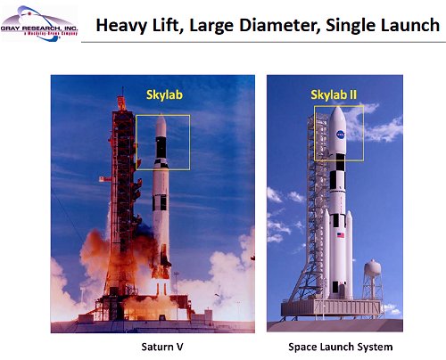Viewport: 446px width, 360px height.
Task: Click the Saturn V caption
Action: tap(161, 346)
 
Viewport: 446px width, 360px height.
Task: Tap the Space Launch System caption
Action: tap(334, 346)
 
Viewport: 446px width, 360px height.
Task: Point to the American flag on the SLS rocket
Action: tap(339, 235)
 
